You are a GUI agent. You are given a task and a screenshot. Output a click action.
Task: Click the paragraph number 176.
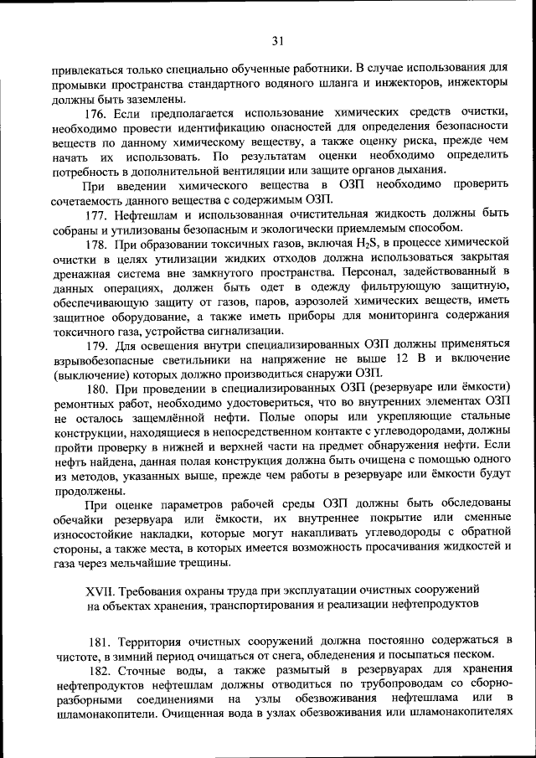tap(100, 112)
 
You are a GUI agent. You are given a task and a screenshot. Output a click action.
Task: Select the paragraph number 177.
tap(100, 214)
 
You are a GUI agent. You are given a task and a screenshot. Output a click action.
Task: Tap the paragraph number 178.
tap(100, 244)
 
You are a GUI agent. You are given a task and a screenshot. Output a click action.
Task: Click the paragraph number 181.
tap(100, 640)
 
